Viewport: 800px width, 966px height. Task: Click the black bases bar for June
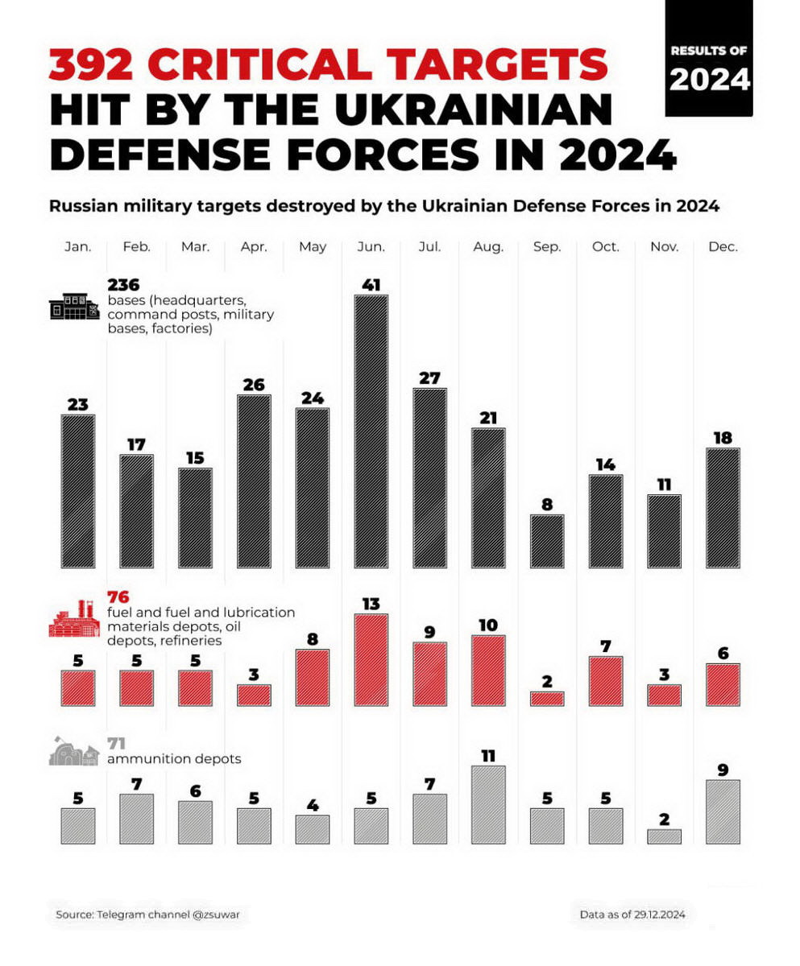pos(371,431)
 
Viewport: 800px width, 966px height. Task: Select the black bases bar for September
pos(547,541)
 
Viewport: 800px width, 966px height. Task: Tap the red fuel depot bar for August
pos(488,671)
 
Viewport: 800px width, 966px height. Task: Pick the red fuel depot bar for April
pos(254,696)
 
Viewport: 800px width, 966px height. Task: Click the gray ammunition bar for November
pos(665,836)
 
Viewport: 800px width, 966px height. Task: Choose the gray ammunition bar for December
pos(723,811)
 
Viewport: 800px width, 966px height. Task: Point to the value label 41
pos(371,285)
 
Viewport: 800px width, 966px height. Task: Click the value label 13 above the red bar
pos(371,604)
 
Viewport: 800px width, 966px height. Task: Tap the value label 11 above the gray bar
pos(488,755)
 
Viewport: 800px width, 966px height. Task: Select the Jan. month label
pos(78,247)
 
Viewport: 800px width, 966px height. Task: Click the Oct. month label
pos(606,247)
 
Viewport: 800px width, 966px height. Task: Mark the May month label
pos(313,247)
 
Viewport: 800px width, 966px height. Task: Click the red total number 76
pos(118,597)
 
